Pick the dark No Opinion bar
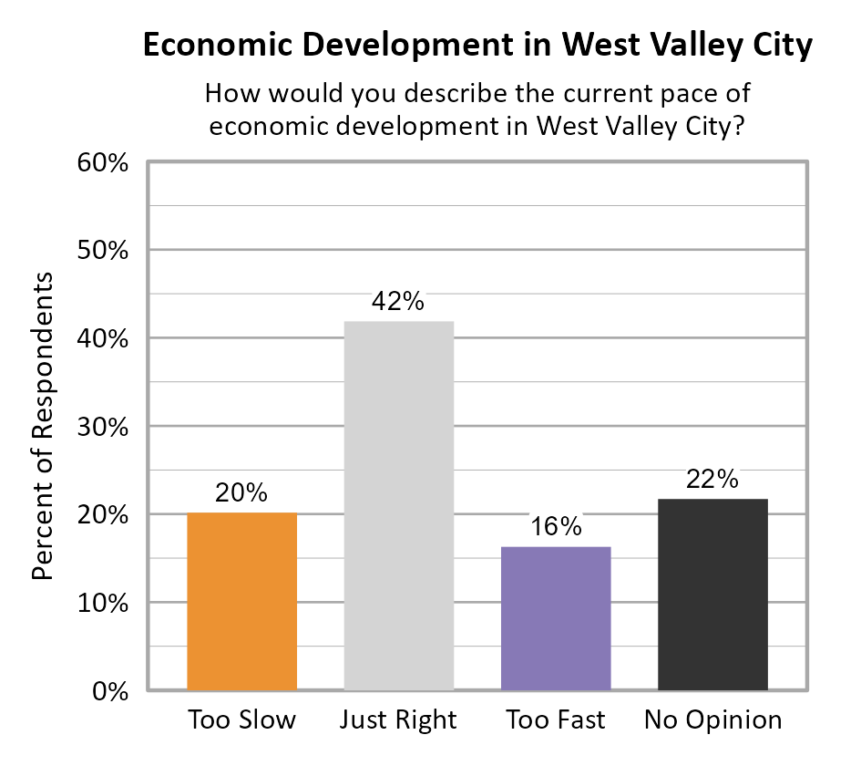pyautogui.click(x=712, y=594)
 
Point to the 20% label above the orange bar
pyautogui.click(x=241, y=493)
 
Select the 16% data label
pyautogui.click(x=556, y=527)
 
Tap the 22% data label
pyautogui.click(x=712, y=480)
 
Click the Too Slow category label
pyautogui.click(x=241, y=720)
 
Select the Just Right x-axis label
pyautogui.click(x=398, y=720)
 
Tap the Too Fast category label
pyautogui.click(x=556, y=720)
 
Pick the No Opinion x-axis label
pyautogui.click(x=712, y=720)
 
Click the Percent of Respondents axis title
pyautogui.click(x=44, y=426)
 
